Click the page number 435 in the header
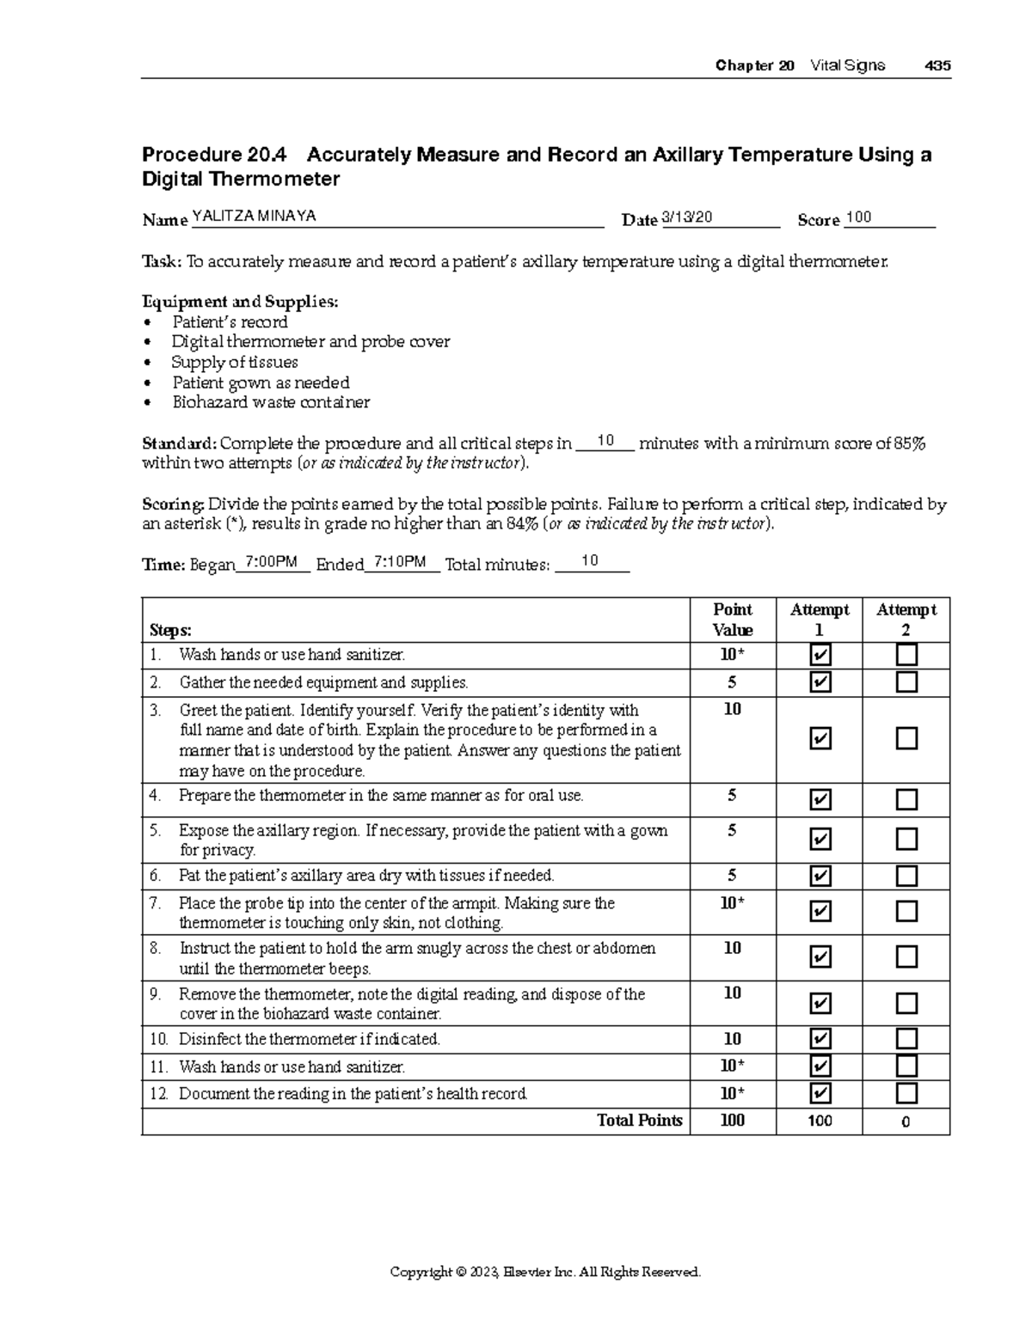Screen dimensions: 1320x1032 (937, 66)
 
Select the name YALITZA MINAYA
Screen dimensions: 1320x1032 (254, 217)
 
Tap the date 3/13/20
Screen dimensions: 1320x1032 (687, 217)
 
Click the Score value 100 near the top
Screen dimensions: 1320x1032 (858, 217)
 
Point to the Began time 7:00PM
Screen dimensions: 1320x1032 (271, 563)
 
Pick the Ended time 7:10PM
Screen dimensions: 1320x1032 (401, 563)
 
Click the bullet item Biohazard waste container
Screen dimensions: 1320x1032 (271, 402)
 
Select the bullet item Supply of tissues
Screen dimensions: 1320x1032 (235, 363)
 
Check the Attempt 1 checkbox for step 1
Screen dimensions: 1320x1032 (820, 657)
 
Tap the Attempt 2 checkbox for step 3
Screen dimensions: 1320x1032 (906, 739)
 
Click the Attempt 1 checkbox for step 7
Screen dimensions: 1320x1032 (820, 911)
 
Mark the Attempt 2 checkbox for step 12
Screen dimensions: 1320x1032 (906, 1093)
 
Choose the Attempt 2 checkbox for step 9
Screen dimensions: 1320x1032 (906, 1003)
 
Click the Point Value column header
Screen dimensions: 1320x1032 (732, 620)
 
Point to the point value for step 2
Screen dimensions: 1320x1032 (732, 683)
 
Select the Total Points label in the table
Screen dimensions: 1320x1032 (639, 1121)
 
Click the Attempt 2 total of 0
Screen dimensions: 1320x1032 (906, 1121)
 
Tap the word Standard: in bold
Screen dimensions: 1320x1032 (179, 444)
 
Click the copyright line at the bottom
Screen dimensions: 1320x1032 (545, 1272)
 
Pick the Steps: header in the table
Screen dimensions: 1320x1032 (170, 631)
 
